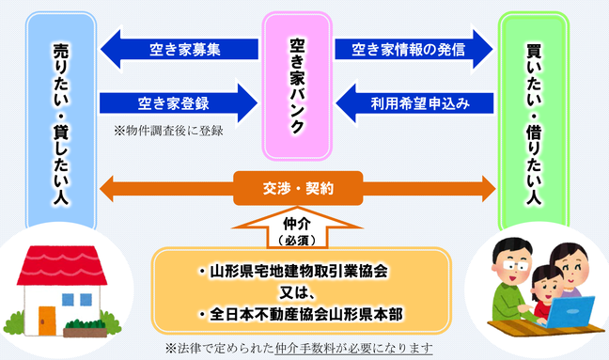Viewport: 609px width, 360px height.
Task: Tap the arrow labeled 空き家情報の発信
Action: click(x=414, y=50)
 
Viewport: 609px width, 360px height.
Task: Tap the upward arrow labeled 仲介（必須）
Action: click(x=296, y=227)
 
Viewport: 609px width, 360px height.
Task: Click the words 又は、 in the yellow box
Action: click(x=296, y=291)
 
